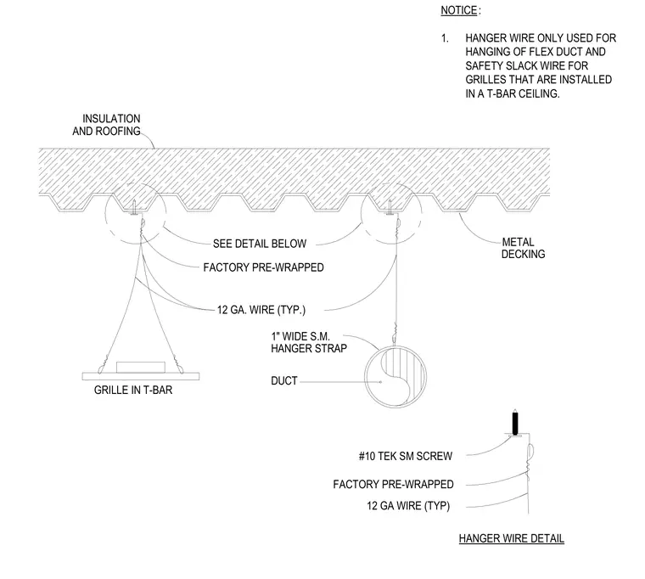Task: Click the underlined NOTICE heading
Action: click(x=458, y=10)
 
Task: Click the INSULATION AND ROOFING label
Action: click(x=107, y=125)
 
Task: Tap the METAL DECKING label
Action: click(x=523, y=248)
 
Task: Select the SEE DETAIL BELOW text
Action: click(x=260, y=244)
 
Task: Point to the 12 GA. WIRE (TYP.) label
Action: click(x=261, y=310)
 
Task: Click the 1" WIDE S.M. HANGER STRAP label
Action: click(x=309, y=342)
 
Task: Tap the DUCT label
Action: click(x=283, y=380)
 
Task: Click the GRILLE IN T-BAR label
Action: click(x=133, y=390)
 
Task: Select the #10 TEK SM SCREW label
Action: click(x=406, y=456)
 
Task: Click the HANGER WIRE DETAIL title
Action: click(x=511, y=538)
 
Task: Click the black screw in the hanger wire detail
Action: click(x=515, y=423)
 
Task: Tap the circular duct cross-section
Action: click(x=395, y=377)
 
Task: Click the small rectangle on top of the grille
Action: click(x=141, y=367)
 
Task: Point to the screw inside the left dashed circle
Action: click(x=134, y=207)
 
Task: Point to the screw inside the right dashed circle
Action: click(x=390, y=207)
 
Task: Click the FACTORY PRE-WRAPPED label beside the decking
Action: click(x=263, y=267)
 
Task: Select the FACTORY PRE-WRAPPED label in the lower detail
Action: click(x=393, y=484)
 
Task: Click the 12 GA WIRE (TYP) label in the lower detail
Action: click(x=408, y=505)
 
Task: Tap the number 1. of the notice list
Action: click(x=445, y=38)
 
